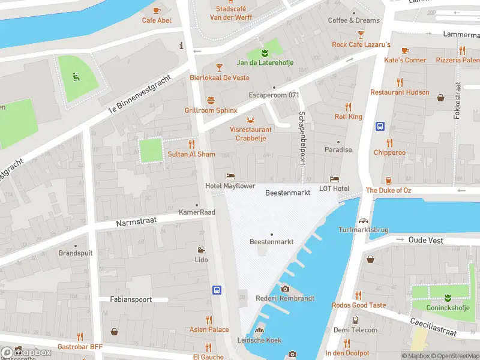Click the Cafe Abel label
(156, 20)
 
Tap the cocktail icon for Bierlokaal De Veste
(219, 67)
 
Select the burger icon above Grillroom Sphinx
(211, 100)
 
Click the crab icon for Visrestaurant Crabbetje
(250, 118)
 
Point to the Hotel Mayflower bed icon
(229, 176)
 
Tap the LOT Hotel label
(334, 188)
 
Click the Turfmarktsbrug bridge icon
(363, 220)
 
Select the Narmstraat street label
(137, 221)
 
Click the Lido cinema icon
(201, 250)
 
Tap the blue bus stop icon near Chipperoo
(380, 127)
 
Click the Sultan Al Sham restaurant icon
(191, 144)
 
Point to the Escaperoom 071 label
(274, 95)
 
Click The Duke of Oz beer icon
(388, 179)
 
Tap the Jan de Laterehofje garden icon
(265, 52)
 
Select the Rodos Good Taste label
(359, 305)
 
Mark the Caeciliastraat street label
(433, 327)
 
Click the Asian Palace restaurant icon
(209, 319)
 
